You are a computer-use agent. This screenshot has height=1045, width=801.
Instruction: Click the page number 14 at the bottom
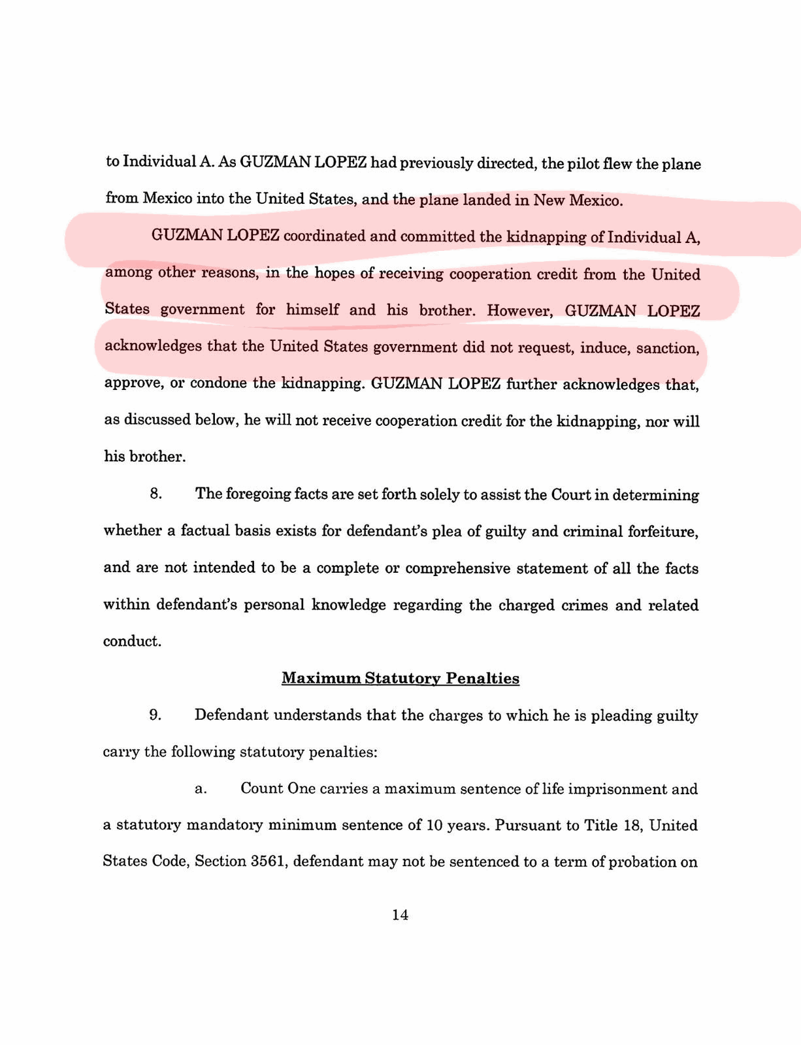click(x=400, y=915)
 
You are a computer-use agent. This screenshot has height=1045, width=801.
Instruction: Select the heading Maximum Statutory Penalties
click(x=400, y=678)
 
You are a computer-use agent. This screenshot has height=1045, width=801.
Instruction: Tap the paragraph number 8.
click(x=155, y=493)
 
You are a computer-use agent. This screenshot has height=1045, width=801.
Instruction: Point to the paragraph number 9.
click(x=155, y=715)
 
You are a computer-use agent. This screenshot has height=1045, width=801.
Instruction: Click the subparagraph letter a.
click(x=201, y=788)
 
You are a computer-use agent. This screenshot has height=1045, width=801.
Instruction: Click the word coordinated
click(x=325, y=236)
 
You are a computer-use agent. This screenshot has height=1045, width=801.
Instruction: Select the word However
click(x=519, y=310)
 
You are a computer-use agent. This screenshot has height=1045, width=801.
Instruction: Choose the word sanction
click(x=667, y=347)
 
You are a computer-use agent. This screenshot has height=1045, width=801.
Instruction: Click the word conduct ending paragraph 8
click(x=132, y=641)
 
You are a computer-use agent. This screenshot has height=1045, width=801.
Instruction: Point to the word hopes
click(x=335, y=273)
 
